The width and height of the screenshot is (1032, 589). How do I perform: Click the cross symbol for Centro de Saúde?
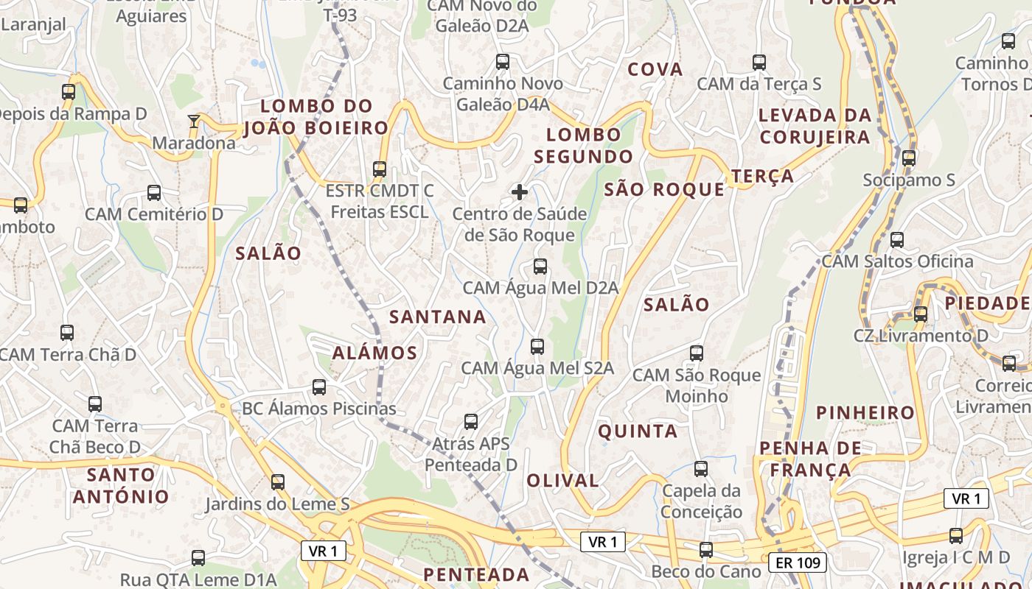[520, 192]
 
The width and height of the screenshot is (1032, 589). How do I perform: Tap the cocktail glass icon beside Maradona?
[194, 121]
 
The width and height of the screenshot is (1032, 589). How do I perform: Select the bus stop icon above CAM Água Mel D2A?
[540, 267]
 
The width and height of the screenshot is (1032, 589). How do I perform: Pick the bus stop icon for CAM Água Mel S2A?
[537, 347]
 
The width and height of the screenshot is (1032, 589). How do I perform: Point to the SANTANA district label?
[438, 317]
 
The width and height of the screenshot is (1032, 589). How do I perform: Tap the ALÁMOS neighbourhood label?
[374, 353]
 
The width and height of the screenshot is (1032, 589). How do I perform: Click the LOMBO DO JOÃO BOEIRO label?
[315, 117]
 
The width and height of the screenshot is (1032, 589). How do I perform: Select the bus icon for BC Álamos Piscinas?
[319, 387]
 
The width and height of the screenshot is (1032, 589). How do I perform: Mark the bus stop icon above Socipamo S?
[909, 158]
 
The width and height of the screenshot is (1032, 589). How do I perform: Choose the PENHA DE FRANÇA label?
[810, 459]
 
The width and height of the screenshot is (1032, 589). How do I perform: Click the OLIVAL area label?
[562, 481]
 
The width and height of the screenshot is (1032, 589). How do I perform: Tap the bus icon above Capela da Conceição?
[701, 469]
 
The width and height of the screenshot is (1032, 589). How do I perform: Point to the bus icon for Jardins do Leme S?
[278, 482]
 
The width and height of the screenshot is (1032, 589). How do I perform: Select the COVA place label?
[655, 69]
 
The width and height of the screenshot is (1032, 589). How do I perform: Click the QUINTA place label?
[638, 431]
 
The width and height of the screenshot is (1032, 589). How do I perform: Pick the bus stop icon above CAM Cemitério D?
[154, 194]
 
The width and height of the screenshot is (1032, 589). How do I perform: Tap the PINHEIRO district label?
[865, 412]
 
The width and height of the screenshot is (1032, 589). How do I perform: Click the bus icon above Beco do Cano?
[706, 550]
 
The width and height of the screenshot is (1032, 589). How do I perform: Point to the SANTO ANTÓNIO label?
[121, 485]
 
